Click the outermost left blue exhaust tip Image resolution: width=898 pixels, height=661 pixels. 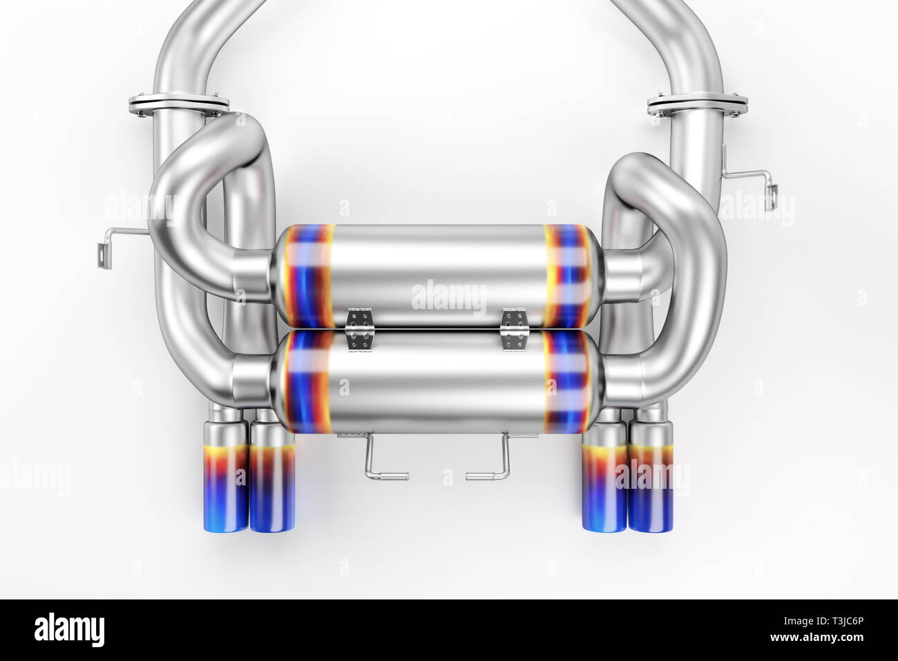click(225, 484)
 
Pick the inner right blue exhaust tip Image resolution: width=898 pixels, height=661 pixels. click(604, 484)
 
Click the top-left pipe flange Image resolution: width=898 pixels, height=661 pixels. click(178, 104)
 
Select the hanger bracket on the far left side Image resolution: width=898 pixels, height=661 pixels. click(111, 245)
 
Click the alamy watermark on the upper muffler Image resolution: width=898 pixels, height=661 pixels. click(448, 297)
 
